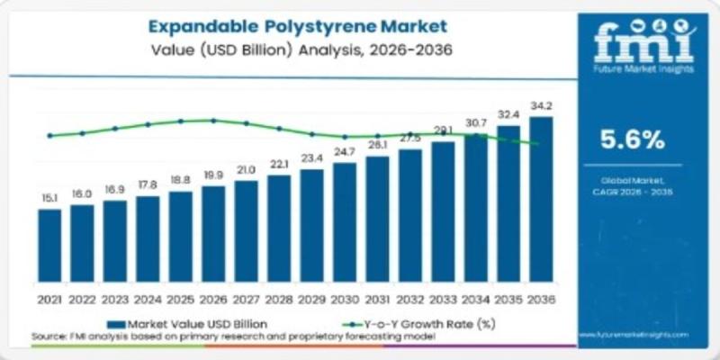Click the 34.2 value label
tap(541, 106)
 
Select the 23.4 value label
tap(311, 158)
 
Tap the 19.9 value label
tap(213, 175)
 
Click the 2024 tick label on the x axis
tap(148, 298)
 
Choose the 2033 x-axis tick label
tap(443, 298)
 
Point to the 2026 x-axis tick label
tap(213, 298)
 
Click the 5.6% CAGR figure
tap(632, 139)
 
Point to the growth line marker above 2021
tap(49, 136)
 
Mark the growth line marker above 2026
tap(213, 120)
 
